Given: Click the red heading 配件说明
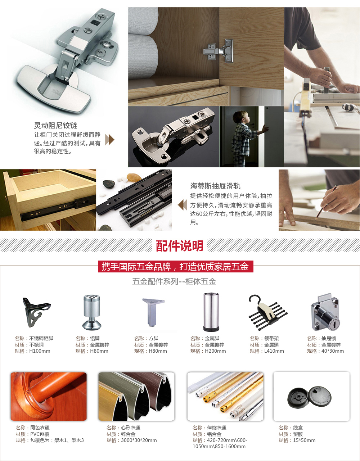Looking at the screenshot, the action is tap(180, 246).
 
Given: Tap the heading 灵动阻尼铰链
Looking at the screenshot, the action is tap(55, 125).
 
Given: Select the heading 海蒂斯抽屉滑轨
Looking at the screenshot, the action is tap(215, 186).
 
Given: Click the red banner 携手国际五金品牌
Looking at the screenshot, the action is tap(175, 266).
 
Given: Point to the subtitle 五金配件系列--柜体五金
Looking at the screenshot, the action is tap(174, 281).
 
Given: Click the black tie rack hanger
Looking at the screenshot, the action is tap(268, 312).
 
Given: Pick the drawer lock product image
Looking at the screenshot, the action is tap(325, 312).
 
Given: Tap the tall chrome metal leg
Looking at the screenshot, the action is tap(211, 312).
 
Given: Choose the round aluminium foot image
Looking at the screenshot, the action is tap(92, 312).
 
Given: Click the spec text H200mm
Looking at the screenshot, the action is tap(215, 351).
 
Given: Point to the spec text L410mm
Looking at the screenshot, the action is tap(274, 351).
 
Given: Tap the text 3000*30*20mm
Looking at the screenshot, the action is tap(139, 440).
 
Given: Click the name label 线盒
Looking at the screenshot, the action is tap(298, 428).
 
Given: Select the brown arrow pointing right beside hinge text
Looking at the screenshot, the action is tap(110, 140).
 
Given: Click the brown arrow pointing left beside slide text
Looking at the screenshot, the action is tap(183, 205).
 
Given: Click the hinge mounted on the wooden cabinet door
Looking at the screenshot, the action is tap(219, 51).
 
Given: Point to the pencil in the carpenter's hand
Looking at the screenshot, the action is tap(326, 202).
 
